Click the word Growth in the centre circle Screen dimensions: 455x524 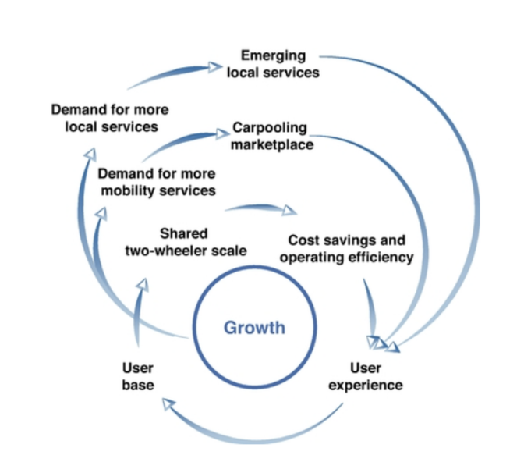pyautogui.click(x=254, y=327)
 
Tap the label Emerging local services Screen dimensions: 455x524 pyautogui.click(x=273, y=63)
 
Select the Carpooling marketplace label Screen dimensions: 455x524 pyautogui.click(x=270, y=136)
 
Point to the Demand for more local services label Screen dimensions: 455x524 pyautogui.click(x=110, y=118)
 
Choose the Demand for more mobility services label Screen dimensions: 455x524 pyautogui.click(x=157, y=181)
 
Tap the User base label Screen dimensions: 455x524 pyautogui.click(x=138, y=375)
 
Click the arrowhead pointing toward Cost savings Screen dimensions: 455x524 pyautogui.click(x=290, y=210)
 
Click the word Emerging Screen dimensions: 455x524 pyautogui.click(x=273, y=55)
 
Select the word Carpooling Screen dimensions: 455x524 pyautogui.click(x=270, y=128)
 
